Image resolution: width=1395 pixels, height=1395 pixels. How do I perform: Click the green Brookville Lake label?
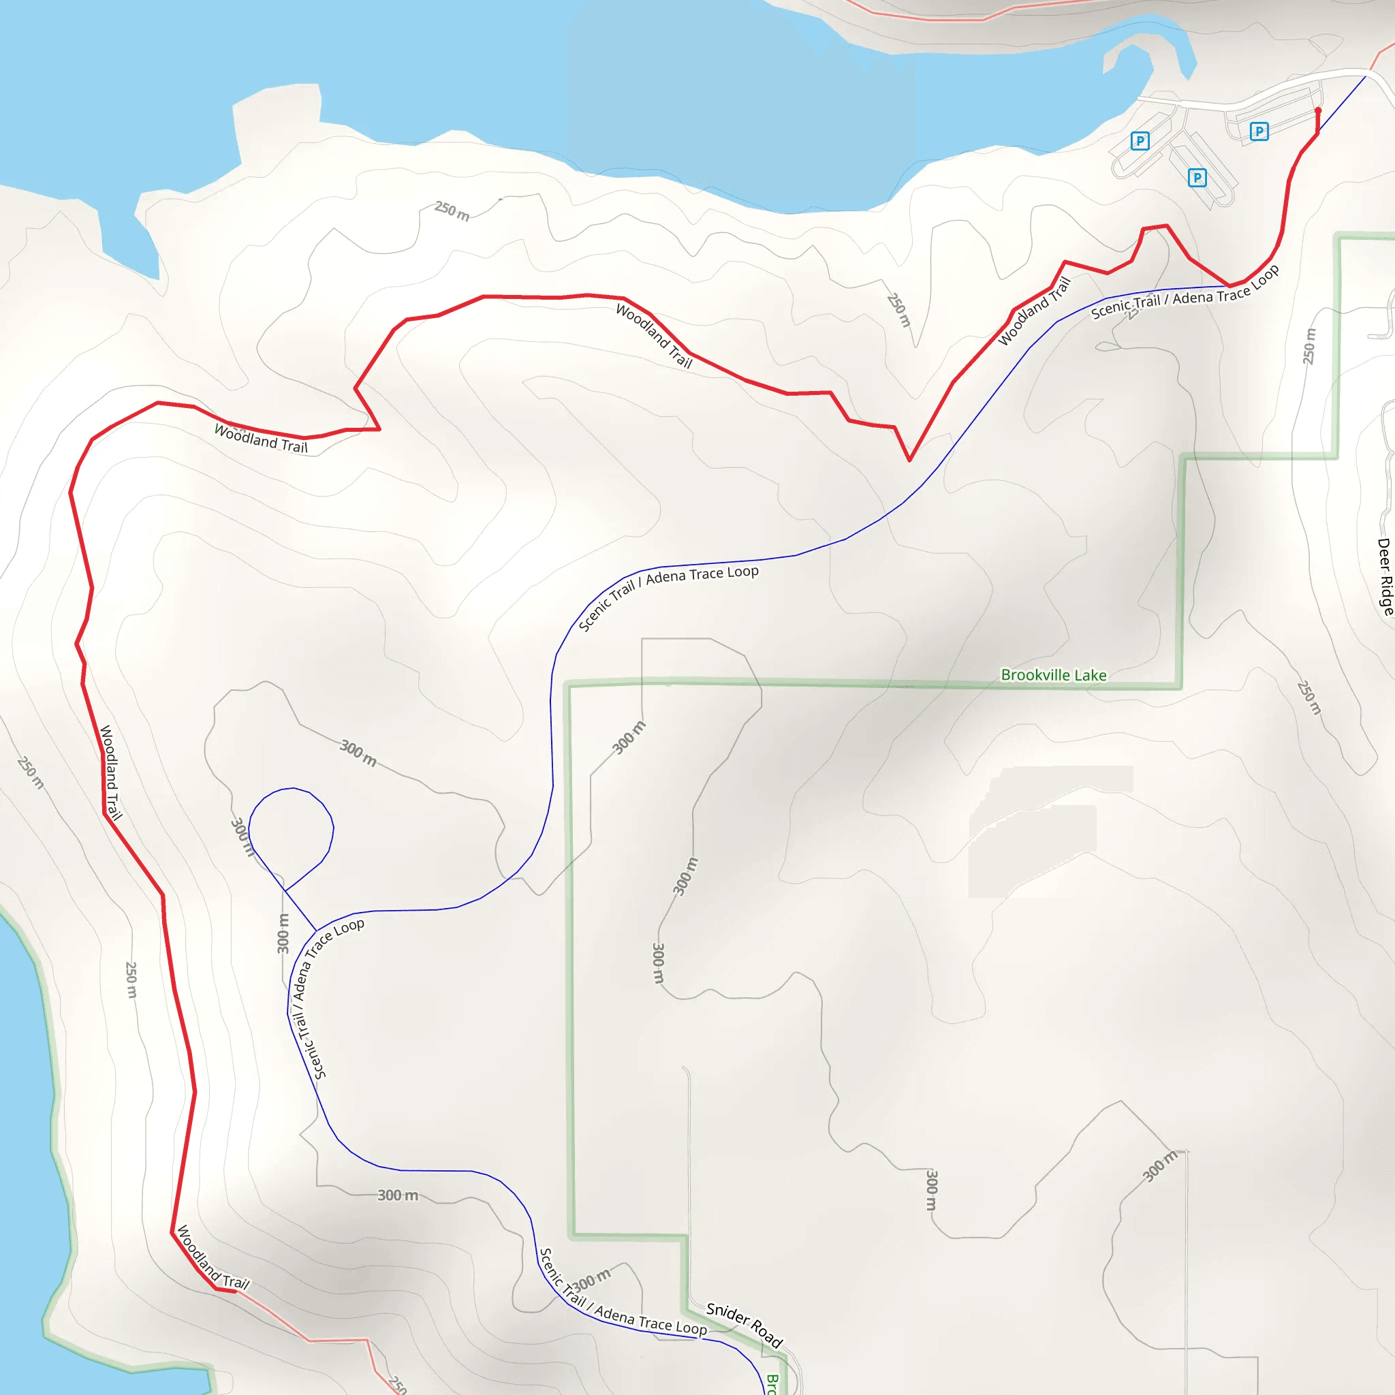[x=1053, y=675]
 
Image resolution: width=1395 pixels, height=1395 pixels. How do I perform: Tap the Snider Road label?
[x=744, y=1325]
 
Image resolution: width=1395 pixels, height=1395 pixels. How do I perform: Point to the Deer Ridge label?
[x=1384, y=576]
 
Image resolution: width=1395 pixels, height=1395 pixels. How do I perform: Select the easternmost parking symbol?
[x=1259, y=131]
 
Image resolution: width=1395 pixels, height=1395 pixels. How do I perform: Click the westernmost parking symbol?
[x=1140, y=141]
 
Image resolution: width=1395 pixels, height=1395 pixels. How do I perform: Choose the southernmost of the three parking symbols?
[x=1197, y=178]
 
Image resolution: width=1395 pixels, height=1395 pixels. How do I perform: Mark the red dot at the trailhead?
[x=1318, y=110]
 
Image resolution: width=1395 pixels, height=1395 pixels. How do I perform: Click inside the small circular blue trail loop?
[x=291, y=830]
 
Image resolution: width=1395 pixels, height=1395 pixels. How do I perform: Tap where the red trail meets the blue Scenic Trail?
[x=1229, y=287]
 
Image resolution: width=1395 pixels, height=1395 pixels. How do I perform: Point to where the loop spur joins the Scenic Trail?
[x=316, y=930]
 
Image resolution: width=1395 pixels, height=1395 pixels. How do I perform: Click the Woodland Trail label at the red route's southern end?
[x=213, y=1258]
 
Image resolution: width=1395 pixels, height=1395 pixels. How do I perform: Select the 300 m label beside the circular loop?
[x=242, y=837]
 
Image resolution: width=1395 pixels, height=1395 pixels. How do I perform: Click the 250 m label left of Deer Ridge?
[x=1309, y=346]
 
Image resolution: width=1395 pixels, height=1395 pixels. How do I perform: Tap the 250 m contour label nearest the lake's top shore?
[x=452, y=211]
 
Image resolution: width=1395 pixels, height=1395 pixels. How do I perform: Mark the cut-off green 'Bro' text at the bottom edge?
[x=771, y=1383]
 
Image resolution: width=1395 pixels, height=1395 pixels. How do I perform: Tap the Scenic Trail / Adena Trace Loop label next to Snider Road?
[x=623, y=1300]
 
